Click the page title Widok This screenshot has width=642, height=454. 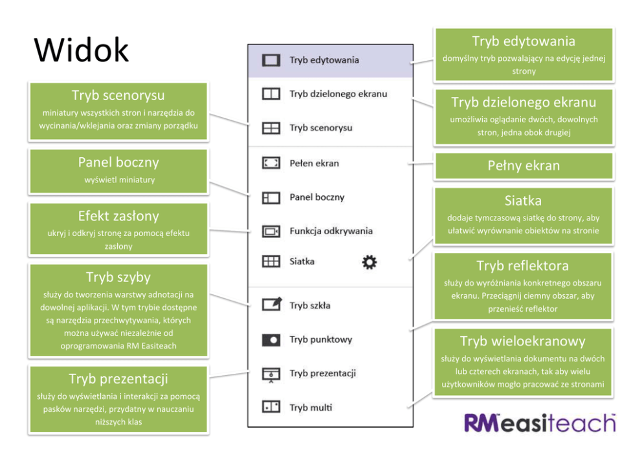(x=82, y=50)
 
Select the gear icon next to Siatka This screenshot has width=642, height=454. (x=370, y=262)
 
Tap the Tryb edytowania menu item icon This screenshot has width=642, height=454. (x=270, y=60)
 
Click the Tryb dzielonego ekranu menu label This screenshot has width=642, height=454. (x=338, y=94)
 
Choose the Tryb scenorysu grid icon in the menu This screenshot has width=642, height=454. (x=270, y=128)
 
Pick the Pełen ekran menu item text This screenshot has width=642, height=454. (x=314, y=163)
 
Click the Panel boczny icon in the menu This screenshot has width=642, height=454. (x=270, y=198)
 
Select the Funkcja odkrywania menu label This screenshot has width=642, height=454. (x=331, y=231)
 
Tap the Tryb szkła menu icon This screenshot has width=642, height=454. (x=271, y=304)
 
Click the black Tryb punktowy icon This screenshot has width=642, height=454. (x=270, y=340)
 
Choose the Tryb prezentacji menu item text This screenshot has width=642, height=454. (x=322, y=373)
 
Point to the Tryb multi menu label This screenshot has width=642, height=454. (x=311, y=407)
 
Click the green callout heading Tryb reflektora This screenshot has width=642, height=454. (x=522, y=266)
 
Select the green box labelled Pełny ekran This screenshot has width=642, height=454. (x=523, y=166)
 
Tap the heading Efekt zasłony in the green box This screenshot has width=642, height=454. (x=118, y=216)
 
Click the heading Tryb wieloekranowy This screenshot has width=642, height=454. (x=522, y=341)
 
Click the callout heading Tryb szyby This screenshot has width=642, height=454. (x=118, y=277)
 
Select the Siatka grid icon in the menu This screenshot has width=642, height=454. (x=270, y=262)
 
